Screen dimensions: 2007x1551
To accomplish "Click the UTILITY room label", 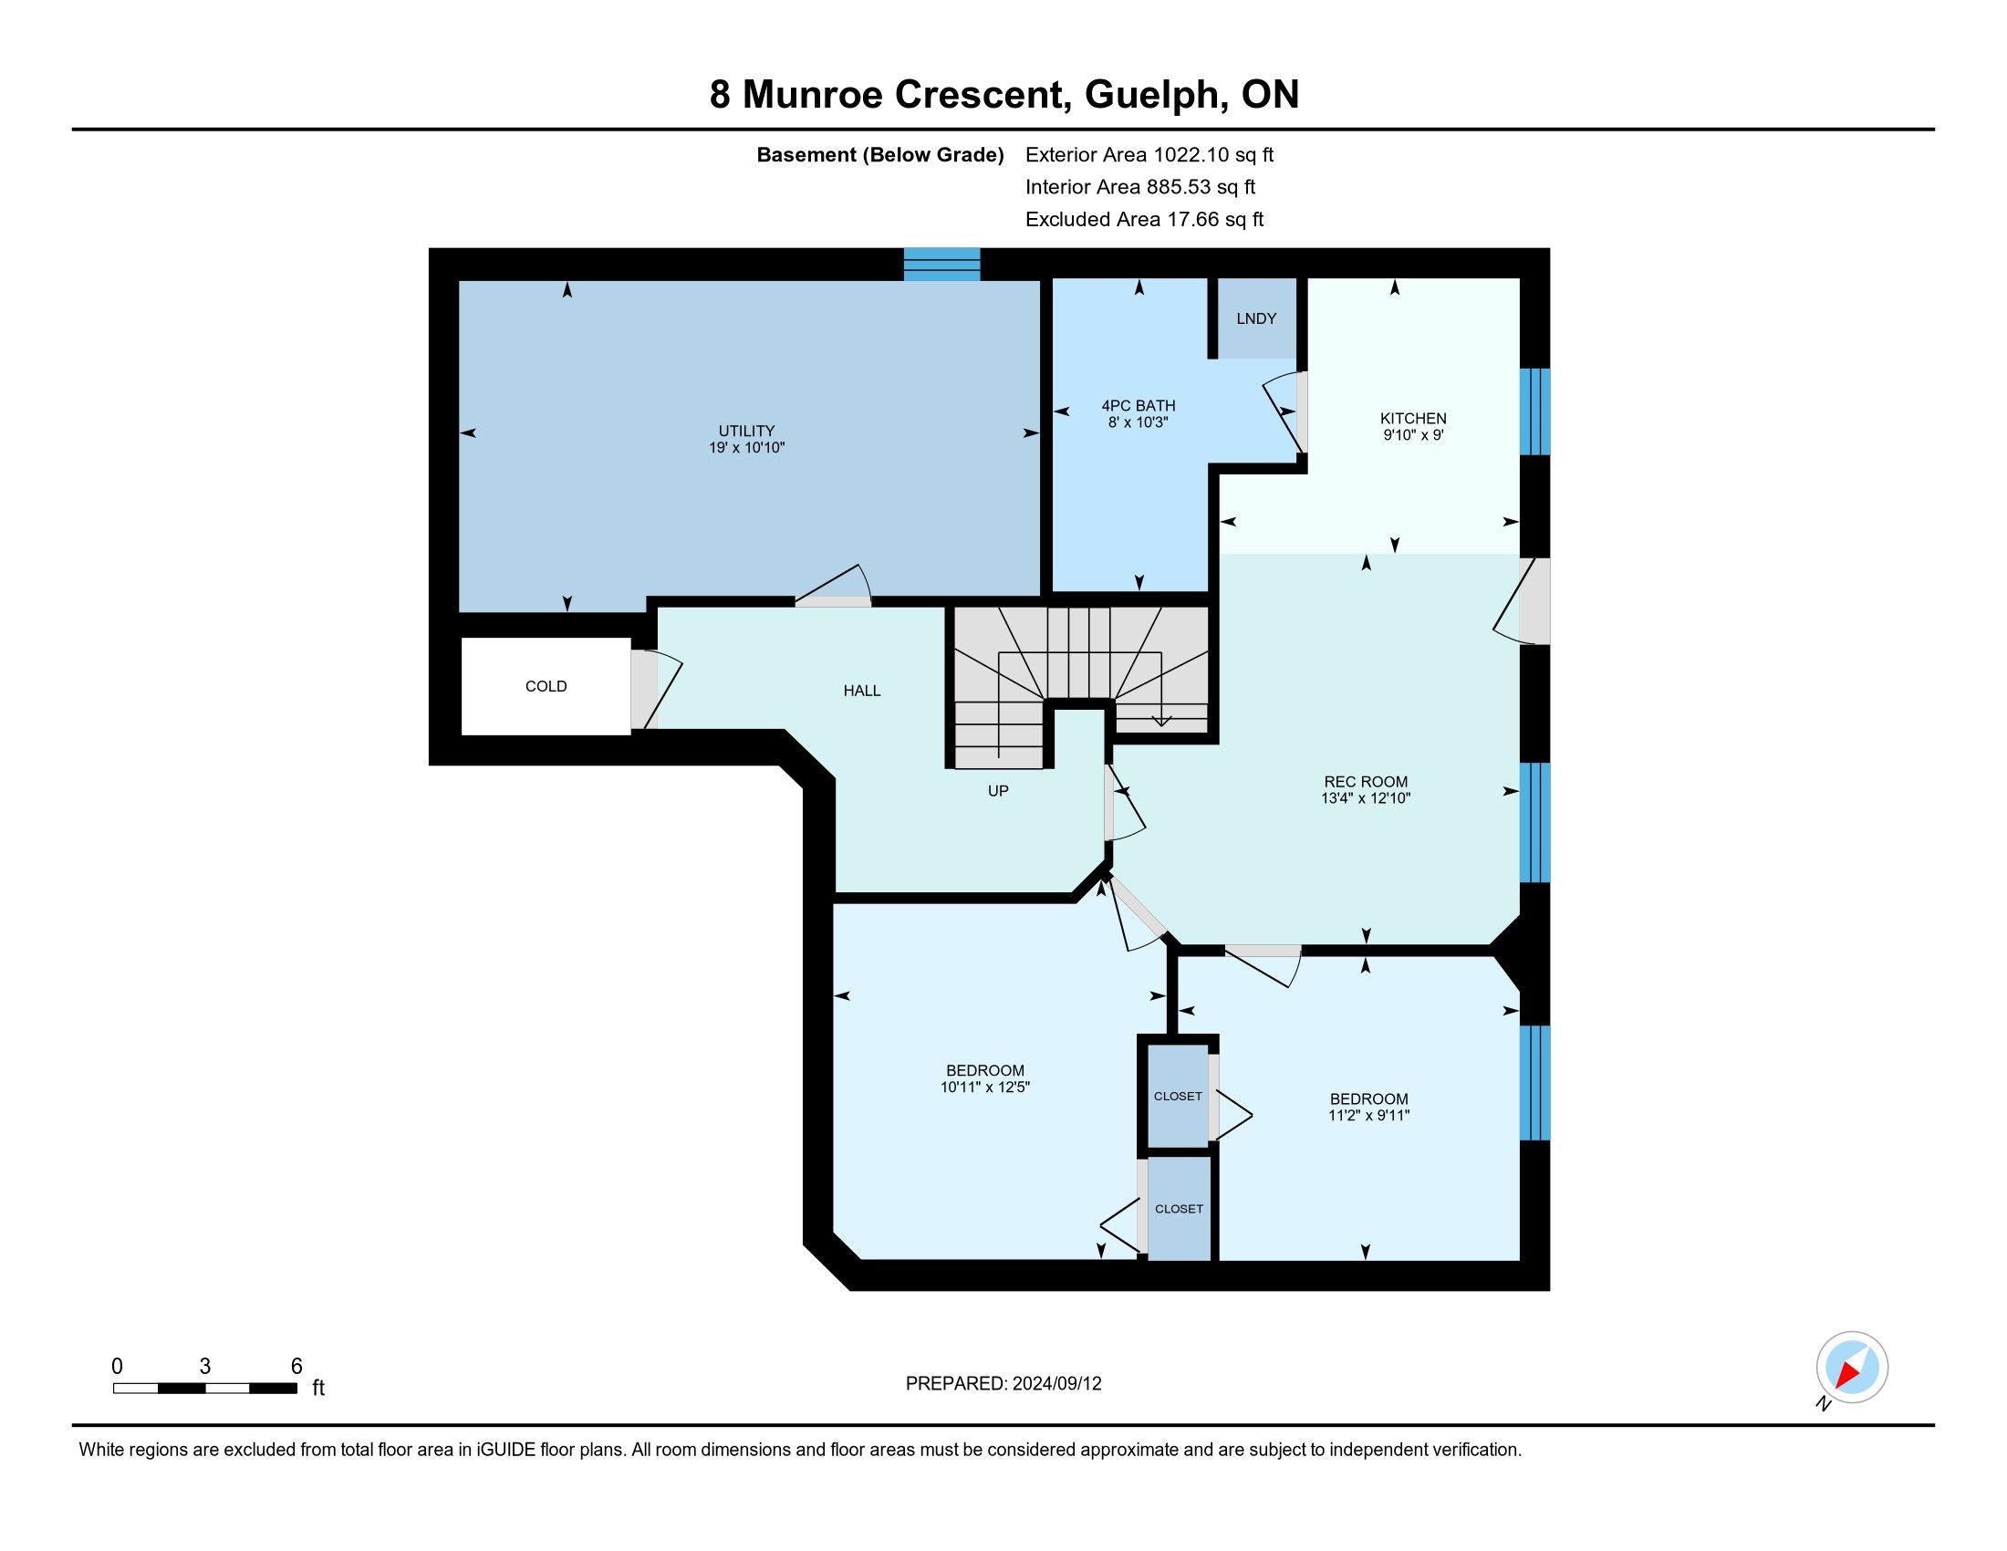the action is point(746,431).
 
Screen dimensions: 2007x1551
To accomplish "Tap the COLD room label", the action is point(546,686).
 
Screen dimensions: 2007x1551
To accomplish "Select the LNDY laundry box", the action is point(1256,317).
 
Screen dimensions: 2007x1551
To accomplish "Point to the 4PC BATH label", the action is point(1139,405).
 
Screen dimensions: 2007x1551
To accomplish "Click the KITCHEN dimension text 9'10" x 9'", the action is point(1413,435).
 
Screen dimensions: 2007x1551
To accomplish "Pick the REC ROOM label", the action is point(1366,782).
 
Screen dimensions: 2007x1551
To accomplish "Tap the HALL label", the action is point(862,691).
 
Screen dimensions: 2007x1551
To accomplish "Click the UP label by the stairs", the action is point(998,790).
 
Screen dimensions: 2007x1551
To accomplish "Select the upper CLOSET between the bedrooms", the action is point(1178,1096).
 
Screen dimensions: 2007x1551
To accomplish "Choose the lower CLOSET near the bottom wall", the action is point(1179,1208).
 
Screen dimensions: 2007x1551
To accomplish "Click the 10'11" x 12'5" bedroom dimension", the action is point(985,1087).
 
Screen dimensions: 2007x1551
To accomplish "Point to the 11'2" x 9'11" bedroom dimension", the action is point(1369,1116).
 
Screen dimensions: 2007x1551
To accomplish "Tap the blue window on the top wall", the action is point(942,264).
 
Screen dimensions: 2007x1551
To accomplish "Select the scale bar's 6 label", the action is point(296,1367).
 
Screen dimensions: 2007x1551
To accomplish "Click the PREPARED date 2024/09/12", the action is point(1056,1384).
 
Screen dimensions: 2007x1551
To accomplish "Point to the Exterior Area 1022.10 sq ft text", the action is point(1149,155).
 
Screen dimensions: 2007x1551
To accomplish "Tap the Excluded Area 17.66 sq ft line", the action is point(1145,220).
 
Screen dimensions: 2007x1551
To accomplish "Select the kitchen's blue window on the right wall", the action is point(1534,411).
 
